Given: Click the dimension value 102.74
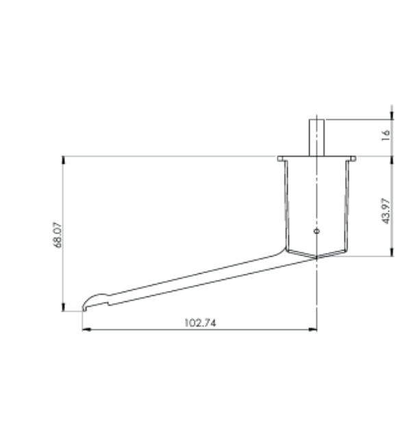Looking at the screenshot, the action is pos(200,322).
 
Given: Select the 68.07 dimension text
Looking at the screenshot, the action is pos(58,235).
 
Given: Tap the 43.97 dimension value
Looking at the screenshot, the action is pos(386,211).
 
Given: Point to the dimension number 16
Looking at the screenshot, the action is pos(386,136).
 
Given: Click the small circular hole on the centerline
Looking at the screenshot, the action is pos(316,231).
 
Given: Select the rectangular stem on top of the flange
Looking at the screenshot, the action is pos(316,138).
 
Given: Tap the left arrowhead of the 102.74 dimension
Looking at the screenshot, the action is pos(86,329).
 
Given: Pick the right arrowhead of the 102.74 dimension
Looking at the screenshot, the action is pos(312,329).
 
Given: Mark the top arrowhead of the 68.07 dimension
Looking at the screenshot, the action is pos(63,160).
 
